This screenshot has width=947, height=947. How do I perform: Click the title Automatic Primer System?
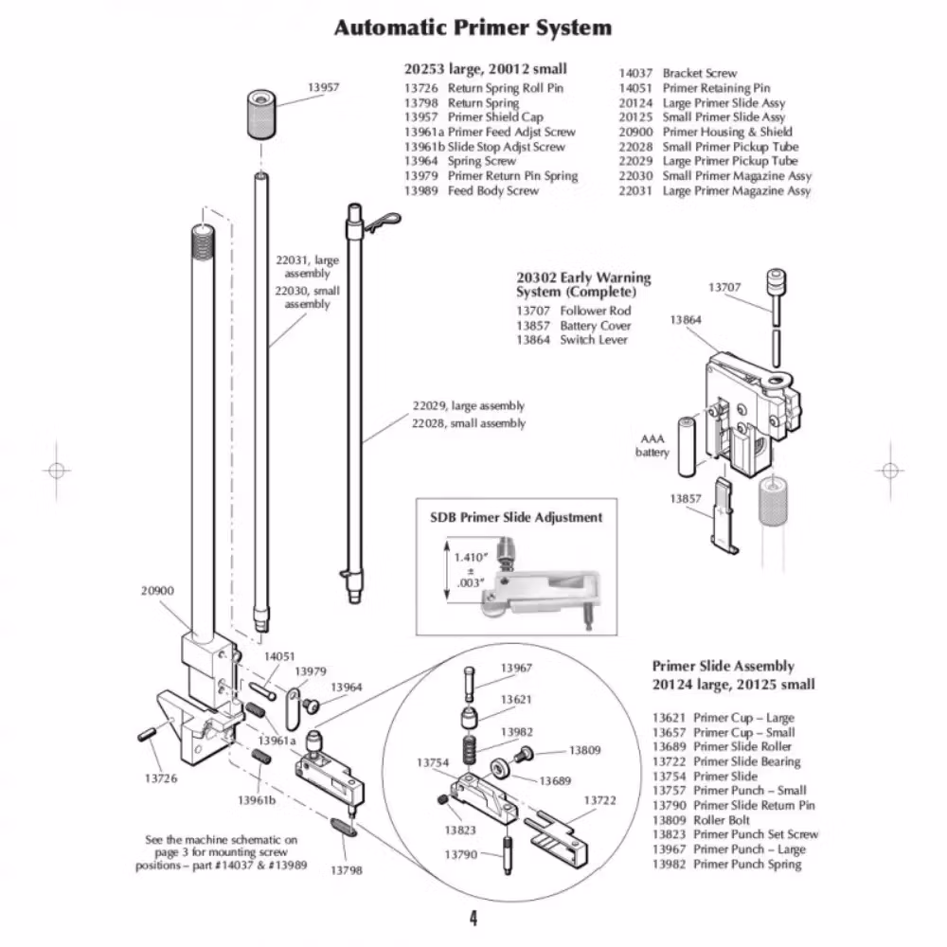coord(473,27)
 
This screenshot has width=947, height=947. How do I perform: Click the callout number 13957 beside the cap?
coord(323,87)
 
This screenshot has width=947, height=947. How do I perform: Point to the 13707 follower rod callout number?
coord(724,287)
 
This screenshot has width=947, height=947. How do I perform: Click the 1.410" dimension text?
coord(471,557)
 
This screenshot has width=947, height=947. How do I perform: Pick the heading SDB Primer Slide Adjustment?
coord(516,517)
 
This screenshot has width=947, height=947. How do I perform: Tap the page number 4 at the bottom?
coord(473,918)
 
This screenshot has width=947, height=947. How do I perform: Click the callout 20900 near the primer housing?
coord(158,590)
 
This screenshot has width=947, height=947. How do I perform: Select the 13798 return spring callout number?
coord(346,869)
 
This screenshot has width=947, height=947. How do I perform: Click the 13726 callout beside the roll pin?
coord(160,778)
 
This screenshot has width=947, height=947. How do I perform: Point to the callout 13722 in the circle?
coord(599,800)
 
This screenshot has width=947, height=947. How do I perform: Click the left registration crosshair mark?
coord(57,470)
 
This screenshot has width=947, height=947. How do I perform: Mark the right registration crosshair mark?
coord(889,470)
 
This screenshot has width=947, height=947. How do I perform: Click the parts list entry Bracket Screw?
coord(699,73)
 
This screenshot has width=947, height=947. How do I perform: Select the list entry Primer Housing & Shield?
coord(727,132)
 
